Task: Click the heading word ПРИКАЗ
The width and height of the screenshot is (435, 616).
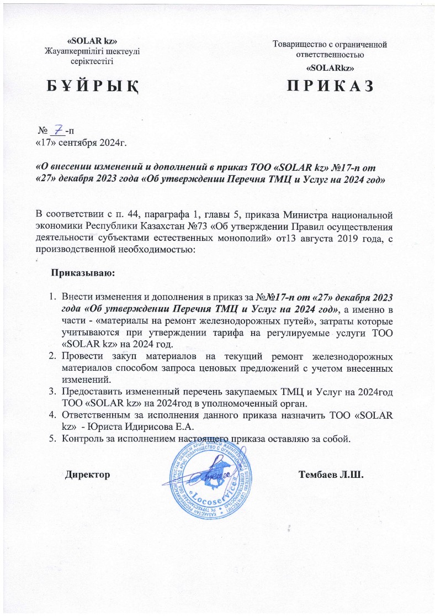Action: [x=330, y=86]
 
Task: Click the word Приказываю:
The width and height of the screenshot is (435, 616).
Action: [x=83, y=272]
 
